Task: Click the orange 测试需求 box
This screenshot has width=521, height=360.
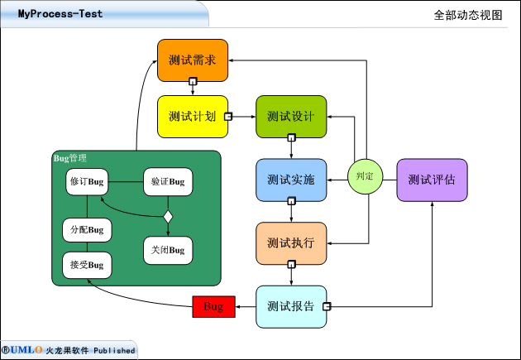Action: point(192,60)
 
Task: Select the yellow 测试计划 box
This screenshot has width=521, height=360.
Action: point(192,117)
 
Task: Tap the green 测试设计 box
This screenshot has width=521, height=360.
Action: point(291,117)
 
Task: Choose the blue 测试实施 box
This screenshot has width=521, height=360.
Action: point(291,180)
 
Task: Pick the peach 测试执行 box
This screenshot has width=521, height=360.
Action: point(291,243)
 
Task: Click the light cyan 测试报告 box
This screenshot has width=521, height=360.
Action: point(291,306)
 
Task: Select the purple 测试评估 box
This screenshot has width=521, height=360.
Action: point(432,180)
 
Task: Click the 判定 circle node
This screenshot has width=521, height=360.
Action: point(365,176)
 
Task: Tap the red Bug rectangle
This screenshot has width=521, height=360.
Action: point(213,306)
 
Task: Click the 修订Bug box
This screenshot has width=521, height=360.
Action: point(87,181)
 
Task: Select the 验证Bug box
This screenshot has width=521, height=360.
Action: point(168,181)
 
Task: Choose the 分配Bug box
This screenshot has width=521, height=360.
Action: point(87,229)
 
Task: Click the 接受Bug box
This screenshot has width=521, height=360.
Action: point(87,265)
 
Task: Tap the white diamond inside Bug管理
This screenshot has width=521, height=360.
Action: point(168,217)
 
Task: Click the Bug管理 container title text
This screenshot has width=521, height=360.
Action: point(69,158)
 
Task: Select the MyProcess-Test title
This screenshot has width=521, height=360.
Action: point(60,14)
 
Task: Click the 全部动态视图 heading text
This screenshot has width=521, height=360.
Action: point(467,15)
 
